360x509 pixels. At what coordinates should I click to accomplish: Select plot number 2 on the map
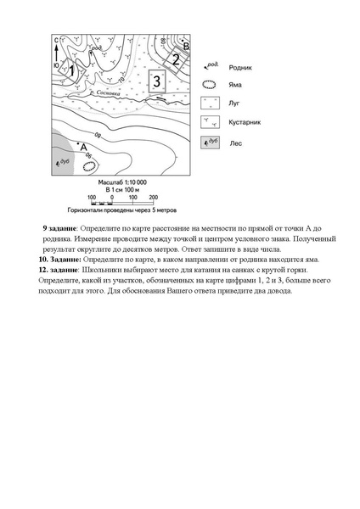click(175, 59)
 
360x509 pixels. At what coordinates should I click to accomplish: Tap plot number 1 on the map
click(72, 71)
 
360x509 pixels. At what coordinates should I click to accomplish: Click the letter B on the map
click(187, 45)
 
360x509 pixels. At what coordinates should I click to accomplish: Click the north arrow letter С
click(55, 40)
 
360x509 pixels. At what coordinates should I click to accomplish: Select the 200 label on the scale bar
click(153, 197)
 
